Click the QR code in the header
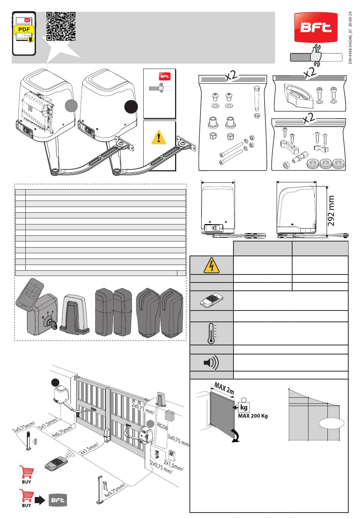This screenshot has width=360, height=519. pos(61,26)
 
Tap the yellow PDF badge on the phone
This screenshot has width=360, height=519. pos(24,30)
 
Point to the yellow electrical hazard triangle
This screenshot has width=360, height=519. pos(211,265)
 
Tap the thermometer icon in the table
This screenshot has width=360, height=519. pos(211,334)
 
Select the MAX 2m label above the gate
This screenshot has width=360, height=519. pos(224,388)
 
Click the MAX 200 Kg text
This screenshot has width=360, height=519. pos(253,416)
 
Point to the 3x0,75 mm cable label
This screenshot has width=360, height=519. pos(178,441)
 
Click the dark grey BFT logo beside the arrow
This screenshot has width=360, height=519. pos(58,500)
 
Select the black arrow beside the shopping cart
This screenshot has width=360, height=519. pos(40,500)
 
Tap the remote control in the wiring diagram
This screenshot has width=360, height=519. pos(55,463)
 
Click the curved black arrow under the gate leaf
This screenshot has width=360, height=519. pos(236,437)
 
